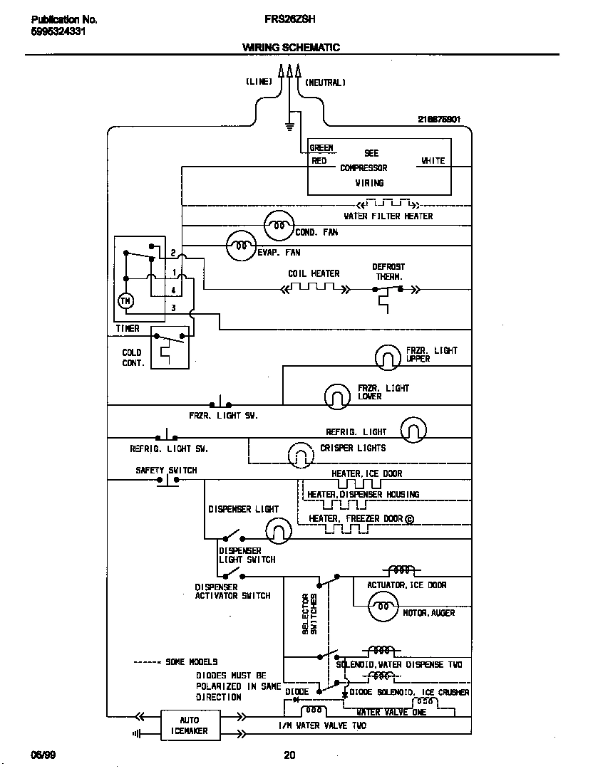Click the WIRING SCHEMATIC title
(291, 48)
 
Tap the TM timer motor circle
(125, 301)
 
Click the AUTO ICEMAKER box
(189, 725)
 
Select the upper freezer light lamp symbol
(388, 357)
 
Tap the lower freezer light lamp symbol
(337, 395)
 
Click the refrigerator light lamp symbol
(413, 430)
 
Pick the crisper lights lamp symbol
(301, 452)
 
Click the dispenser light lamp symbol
(279, 529)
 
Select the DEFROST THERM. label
(388, 272)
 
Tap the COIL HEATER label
(314, 273)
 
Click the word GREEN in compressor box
(321, 148)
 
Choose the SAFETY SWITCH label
(166, 471)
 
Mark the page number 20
(289, 755)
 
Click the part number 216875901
(440, 120)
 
